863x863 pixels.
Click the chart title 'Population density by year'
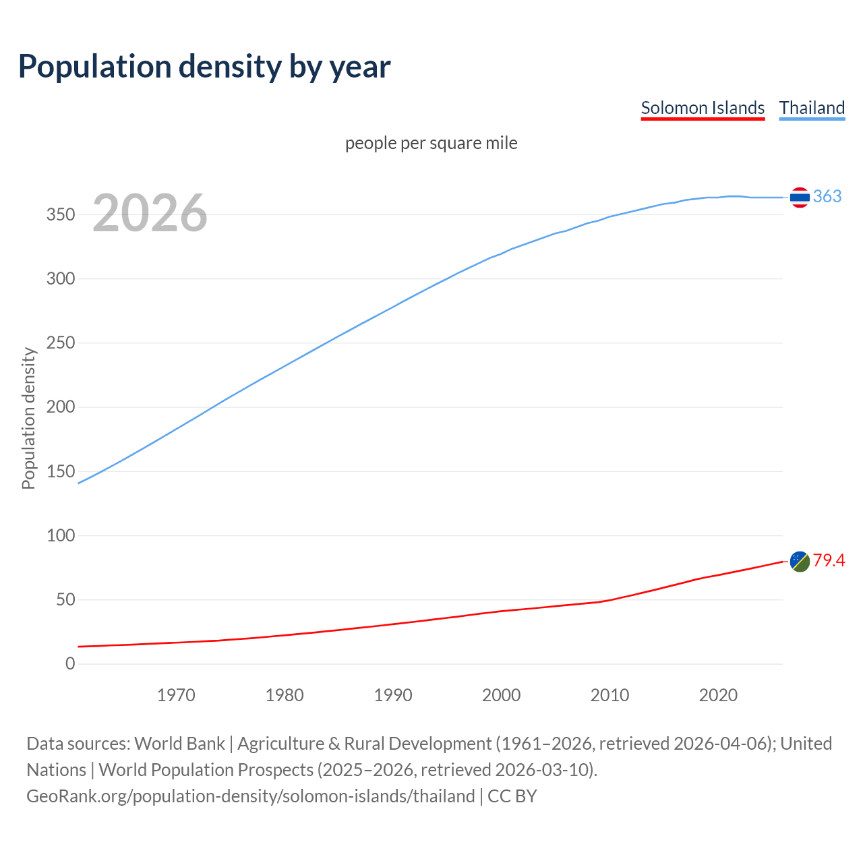click(x=204, y=67)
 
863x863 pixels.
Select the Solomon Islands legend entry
click(x=703, y=108)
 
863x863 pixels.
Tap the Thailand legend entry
click(x=812, y=108)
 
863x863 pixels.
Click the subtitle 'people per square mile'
click(x=431, y=143)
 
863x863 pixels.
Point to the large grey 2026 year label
click(x=150, y=213)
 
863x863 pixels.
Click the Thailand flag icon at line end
click(x=800, y=197)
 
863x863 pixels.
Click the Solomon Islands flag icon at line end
click(x=800, y=561)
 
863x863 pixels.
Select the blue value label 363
click(x=827, y=196)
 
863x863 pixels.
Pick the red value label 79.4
click(x=829, y=560)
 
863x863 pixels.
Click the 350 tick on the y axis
click(x=61, y=214)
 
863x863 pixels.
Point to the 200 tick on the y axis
click(x=61, y=407)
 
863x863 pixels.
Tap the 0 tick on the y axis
click(x=70, y=663)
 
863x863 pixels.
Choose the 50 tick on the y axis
click(x=65, y=599)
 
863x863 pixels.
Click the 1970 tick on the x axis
click(x=176, y=695)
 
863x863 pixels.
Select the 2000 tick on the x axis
click(x=501, y=695)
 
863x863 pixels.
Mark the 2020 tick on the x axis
click(x=718, y=695)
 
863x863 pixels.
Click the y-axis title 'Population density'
click(x=28, y=418)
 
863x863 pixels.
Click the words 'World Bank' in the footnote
click(x=179, y=744)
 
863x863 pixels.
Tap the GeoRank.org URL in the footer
click(x=251, y=796)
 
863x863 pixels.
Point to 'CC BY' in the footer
click(x=512, y=796)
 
